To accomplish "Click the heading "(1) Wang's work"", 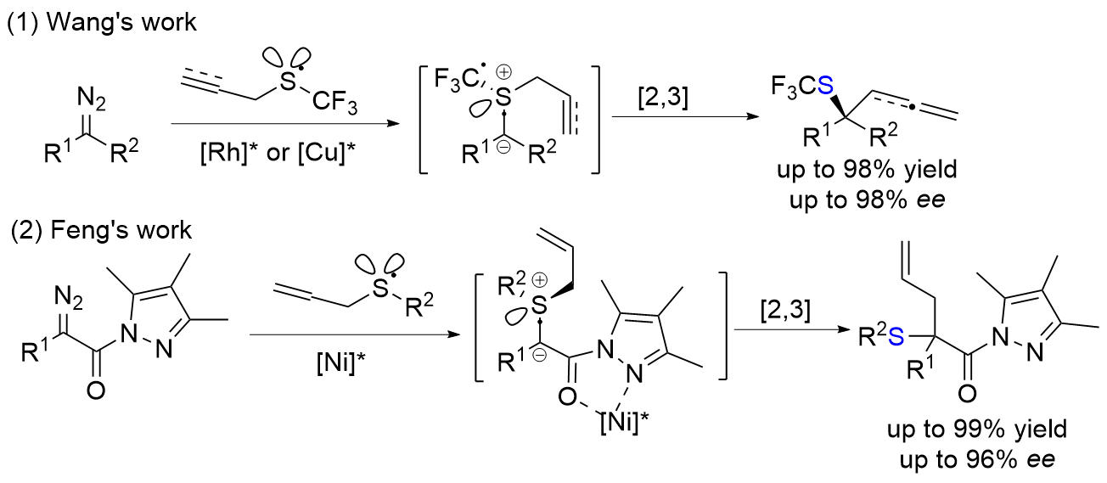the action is click(x=102, y=23).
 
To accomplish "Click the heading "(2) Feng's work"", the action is click(x=101, y=230).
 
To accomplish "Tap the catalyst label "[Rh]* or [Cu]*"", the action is click(x=278, y=153).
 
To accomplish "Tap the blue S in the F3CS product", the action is click(x=825, y=87).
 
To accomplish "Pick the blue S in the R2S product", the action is click(x=896, y=338).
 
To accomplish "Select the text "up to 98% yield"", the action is click(x=867, y=170).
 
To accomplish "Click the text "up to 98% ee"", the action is click(x=867, y=199).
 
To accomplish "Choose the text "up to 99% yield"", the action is click(x=977, y=430).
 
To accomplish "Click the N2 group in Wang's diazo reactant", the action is click(x=91, y=98).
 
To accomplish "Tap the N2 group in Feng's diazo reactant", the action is click(x=68, y=298).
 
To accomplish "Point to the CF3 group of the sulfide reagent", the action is click(x=334, y=103).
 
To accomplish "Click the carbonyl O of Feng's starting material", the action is click(x=96, y=390).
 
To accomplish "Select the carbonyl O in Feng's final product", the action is click(x=967, y=394).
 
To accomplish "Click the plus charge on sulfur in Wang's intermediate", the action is click(x=503, y=73).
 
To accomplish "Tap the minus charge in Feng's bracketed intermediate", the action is click(x=539, y=356).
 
